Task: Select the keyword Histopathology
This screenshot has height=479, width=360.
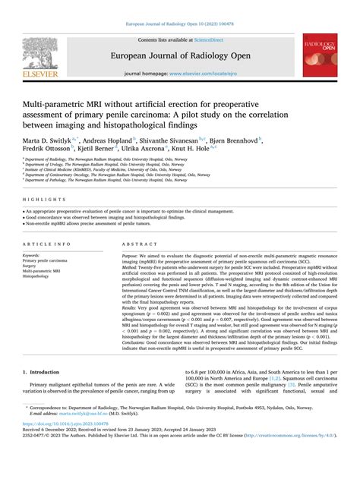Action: (x=40, y=276)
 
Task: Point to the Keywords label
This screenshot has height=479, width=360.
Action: (x=36, y=257)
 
